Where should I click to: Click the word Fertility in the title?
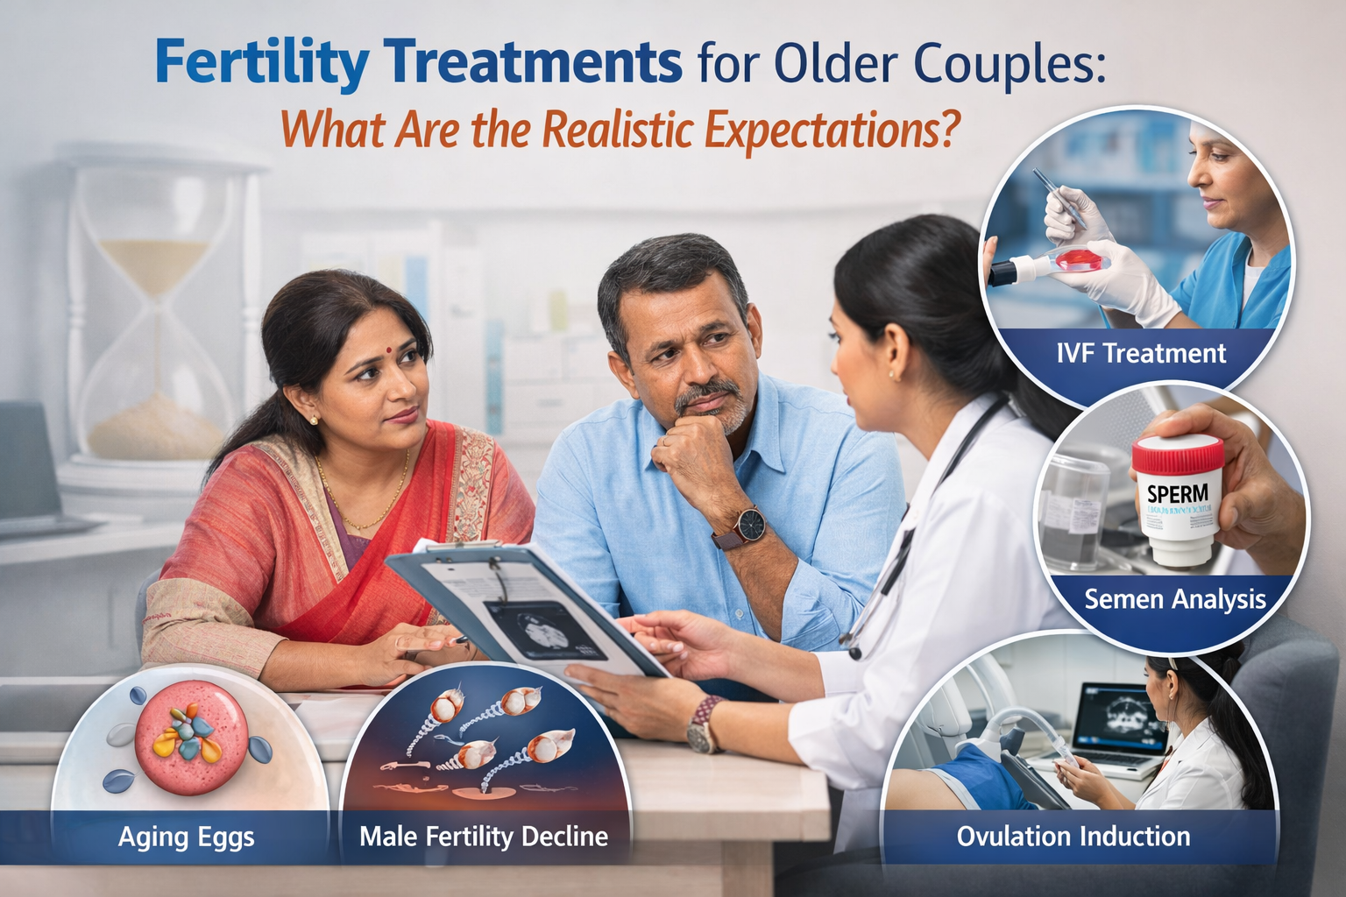tap(260, 63)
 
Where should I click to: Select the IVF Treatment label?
tap(1141, 353)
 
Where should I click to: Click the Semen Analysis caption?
tap(1174, 599)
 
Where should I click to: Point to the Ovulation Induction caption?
tap(1073, 836)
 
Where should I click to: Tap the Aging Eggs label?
tap(186, 837)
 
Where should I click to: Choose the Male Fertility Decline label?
tap(484, 837)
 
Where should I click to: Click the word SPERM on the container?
tap(1177, 494)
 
